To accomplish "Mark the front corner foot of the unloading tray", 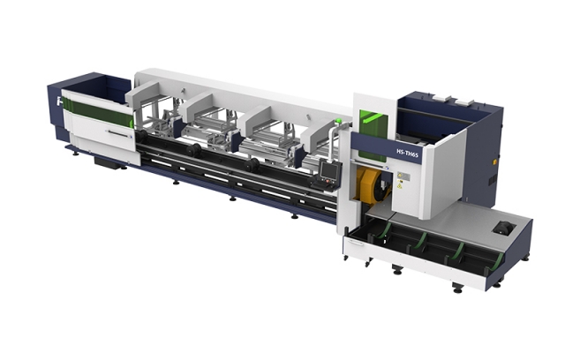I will [x=457, y=286].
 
